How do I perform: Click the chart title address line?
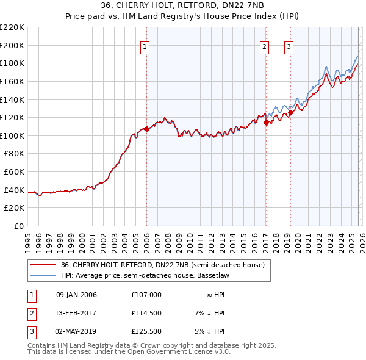click(183, 6)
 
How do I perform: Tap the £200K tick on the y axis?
click(13, 45)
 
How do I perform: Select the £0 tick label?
click(19, 226)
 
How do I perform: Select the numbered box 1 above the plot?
click(145, 46)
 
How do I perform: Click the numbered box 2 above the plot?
click(265, 46)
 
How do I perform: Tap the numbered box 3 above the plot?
click(289, 46)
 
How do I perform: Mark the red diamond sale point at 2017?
click(266, 123)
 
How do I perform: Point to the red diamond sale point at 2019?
click(290, 112)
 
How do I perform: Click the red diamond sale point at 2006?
click(146, 129)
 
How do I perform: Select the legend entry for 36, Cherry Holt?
click(162, 265)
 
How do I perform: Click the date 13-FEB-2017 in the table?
click(76, 313)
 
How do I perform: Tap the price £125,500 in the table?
click(146, 331)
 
